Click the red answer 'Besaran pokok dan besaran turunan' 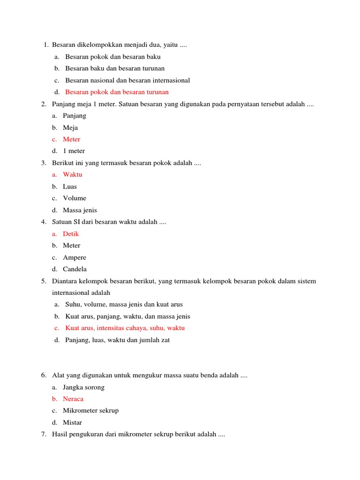[117, 92]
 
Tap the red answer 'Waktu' [72, 174]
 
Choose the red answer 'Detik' [71, 234]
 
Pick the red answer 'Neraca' [73, 399]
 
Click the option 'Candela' [75, 269]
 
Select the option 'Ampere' [75, 257]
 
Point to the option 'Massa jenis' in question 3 [80, 210]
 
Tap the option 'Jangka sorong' [83, 387]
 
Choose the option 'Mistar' [72, 422]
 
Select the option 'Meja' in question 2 [70, 127]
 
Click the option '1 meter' [74, 151]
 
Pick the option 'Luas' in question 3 [70, 187]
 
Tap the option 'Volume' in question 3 [75, 198]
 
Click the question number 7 [43, 435]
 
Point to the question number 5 [43, 281]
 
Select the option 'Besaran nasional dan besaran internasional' [127, 80]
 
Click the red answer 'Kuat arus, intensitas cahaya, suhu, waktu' [125, 328]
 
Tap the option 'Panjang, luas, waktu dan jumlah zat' [117, 340]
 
